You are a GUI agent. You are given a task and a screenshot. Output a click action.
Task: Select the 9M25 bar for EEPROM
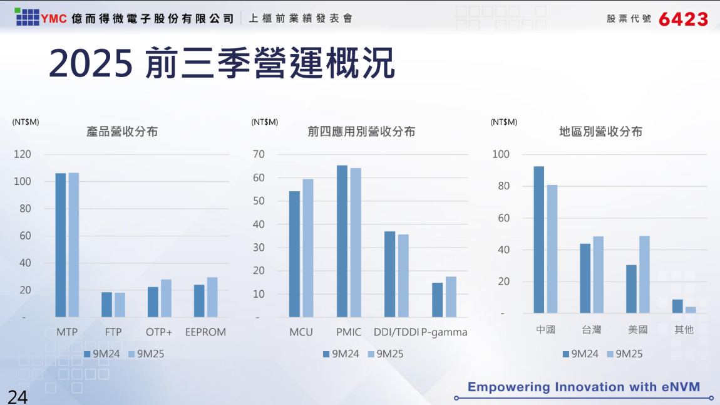(x=212, y=297)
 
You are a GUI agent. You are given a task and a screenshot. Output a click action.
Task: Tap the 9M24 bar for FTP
(x=107, y=305)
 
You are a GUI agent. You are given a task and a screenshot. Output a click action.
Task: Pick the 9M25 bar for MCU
(x=308, y=248)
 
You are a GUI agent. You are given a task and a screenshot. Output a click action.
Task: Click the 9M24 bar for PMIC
(x=342, y=241)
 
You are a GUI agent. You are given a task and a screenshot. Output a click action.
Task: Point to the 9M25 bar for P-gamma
(x=451, y=297)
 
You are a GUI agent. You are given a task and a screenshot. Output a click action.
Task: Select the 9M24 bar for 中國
(x=539, y=239)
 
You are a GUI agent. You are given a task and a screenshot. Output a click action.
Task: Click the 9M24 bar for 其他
(x=677, y=306)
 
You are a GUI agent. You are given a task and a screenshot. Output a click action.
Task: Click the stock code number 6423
(x=683, y=19)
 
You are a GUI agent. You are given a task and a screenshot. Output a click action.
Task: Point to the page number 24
(x=18, y=396)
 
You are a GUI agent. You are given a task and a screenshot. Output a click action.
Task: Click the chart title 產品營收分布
(x=122, y=132)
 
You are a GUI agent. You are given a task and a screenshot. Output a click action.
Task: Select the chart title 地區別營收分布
(x=600, y=132)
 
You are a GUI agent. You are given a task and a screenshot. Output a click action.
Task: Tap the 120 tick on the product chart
(x=22, y=154)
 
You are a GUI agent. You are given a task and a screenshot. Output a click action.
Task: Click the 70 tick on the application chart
(x=259, y=154)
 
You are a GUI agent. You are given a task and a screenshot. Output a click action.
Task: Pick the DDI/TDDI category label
(x=396, y=332)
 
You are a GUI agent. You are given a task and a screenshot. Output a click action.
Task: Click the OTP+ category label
(x=159, y=332)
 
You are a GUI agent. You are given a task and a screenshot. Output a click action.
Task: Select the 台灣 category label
(x=592, y=330)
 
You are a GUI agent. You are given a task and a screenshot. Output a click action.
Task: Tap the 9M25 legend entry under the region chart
(x=624, y=354)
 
